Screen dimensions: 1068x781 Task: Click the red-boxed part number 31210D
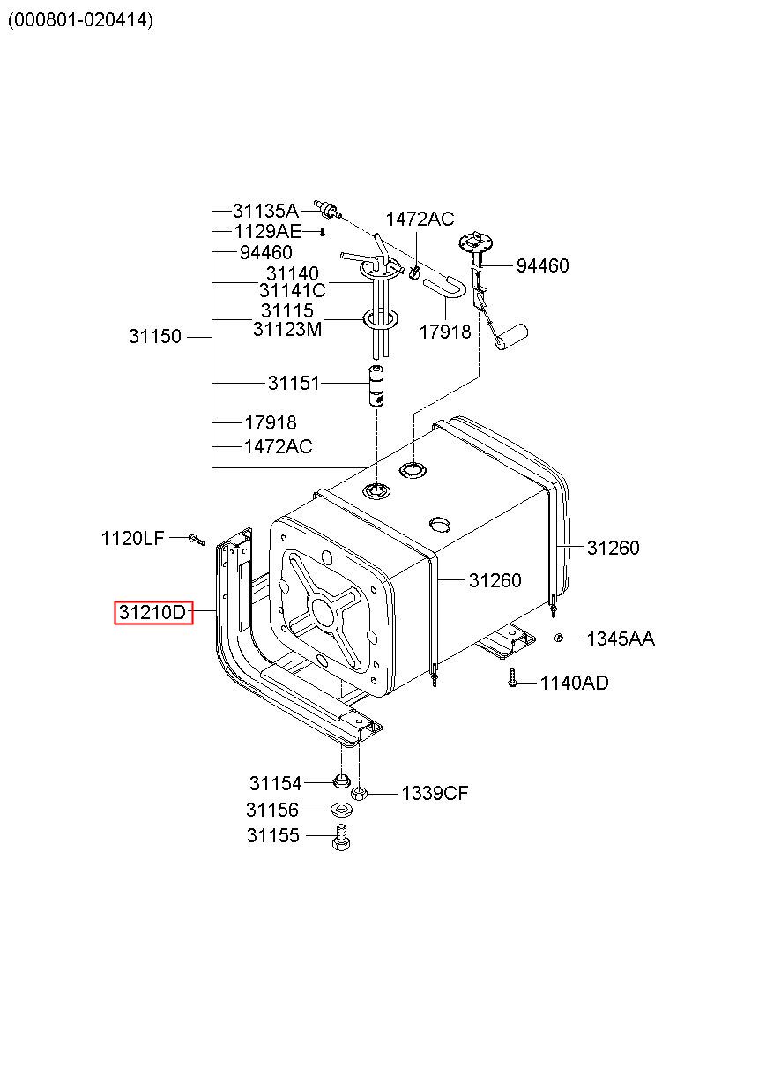tap(152, 611)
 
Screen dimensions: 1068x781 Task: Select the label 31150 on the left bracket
tap(155, 337)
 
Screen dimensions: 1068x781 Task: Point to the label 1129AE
tap(268, 232)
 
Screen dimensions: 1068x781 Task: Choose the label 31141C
tap(293, 290)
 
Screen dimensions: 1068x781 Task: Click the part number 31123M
tap(287, 330)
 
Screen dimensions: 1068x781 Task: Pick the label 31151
tap(294, 384)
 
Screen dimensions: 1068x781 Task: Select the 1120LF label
tap(132, 537)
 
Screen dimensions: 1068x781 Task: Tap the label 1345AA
tap(621, 639)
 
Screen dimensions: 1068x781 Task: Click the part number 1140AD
tap(574, 683)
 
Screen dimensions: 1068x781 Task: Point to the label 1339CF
tap(435, 794)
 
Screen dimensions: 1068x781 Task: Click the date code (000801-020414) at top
tap(80, 20)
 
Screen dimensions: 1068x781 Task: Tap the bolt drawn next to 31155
tap(341, 837)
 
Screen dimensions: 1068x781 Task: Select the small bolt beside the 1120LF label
tap(196, 537)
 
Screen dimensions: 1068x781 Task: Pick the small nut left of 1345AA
tap(559, 638)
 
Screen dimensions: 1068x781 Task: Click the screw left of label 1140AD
tap(512, 680)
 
